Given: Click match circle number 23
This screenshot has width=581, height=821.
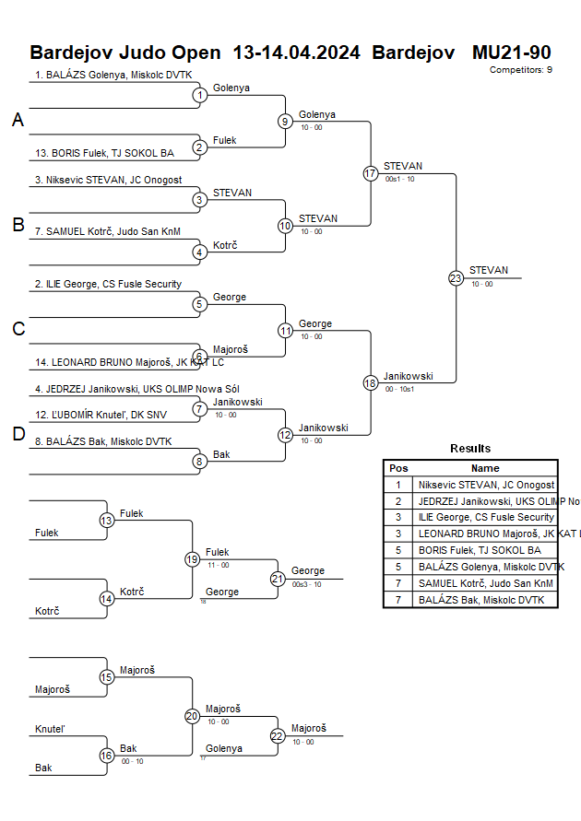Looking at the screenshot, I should (x=456, y=277).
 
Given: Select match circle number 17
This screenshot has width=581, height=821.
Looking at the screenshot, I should (x=371, y=173).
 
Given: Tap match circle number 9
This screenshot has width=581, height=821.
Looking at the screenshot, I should (x=285, y=121).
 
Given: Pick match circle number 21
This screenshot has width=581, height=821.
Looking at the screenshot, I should (x=278, y=579).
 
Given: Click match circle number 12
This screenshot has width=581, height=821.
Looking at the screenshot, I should (x=285, y=434).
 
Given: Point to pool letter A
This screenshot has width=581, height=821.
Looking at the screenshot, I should (x=18, y=120).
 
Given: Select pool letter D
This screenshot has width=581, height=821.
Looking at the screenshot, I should (x=18, y=435).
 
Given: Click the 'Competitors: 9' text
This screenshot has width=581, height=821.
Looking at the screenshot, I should (x=521, y=69).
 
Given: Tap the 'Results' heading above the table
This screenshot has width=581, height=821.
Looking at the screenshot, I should (x=470, y=449).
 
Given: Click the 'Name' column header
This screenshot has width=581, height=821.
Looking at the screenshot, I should (x=485, y=468).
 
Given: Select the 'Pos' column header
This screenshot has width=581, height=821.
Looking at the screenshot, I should (x=398, y=468).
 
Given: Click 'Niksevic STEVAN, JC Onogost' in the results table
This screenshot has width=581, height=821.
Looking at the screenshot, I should (x=486, y=485).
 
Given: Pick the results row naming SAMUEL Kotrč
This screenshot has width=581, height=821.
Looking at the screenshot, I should (x=486, y=583).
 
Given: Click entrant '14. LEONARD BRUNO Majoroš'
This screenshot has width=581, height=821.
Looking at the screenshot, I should (x=129, y=362).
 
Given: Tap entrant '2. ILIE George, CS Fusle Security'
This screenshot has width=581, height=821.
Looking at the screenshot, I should (x=108, y=285).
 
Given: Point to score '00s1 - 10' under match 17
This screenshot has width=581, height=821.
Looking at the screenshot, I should (x=399, y=179).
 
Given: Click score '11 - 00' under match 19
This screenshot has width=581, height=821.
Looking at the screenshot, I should (x=219, y=565).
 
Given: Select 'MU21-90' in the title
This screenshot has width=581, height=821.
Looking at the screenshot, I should (x=511, y=52).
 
